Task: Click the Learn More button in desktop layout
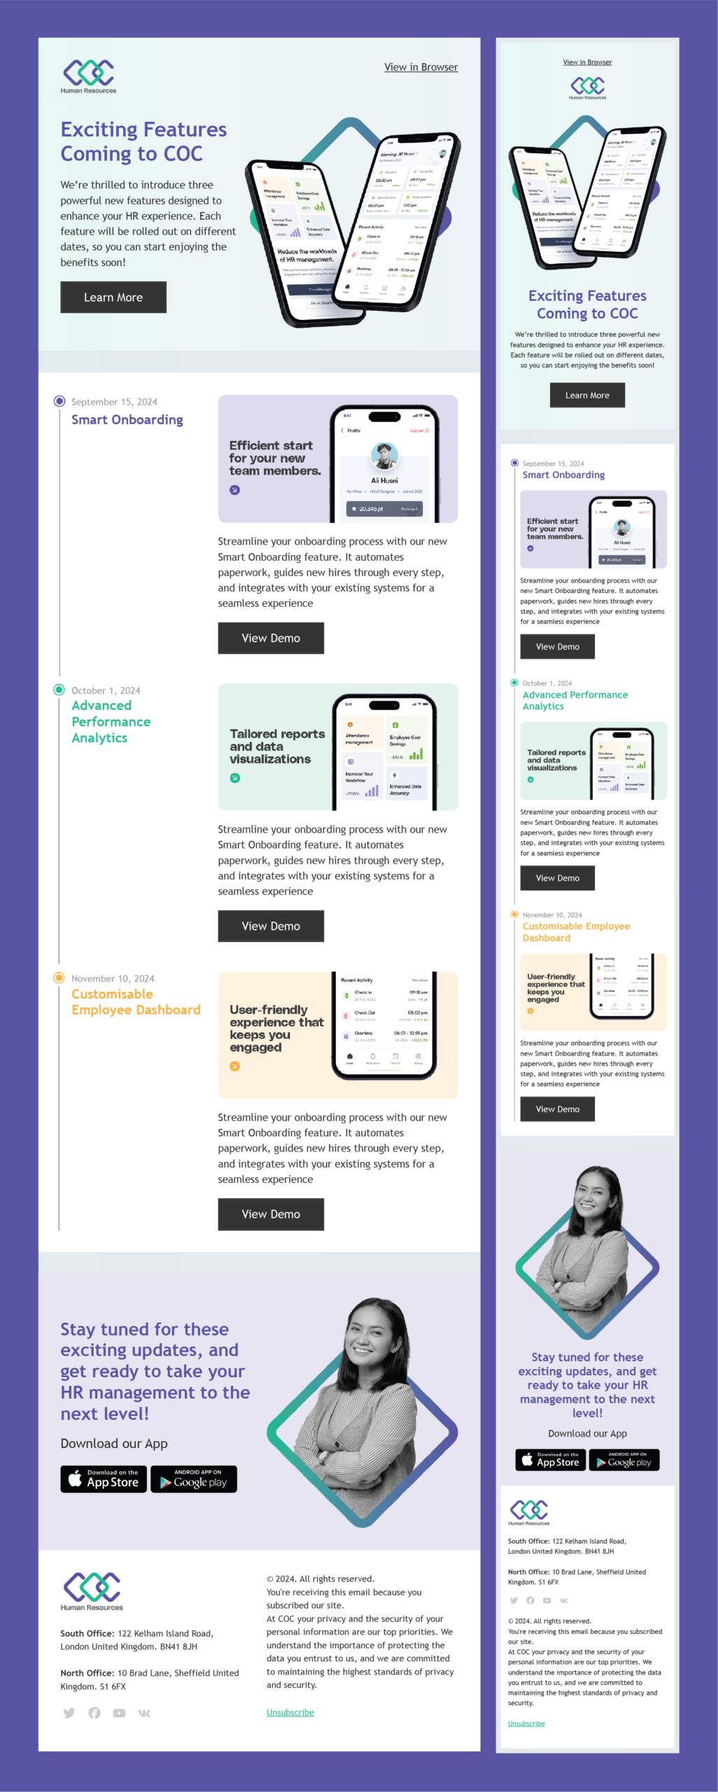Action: [x=113, y=297]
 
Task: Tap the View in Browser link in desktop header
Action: [x=421, y=67]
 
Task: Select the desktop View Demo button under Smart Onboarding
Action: [x=271, y=638]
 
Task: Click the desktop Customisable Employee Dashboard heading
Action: [x=136, y=1002]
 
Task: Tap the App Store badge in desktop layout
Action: [x=104, y=1478]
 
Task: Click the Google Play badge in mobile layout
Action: [x=624, y=1459]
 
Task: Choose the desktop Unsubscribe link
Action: [x=290, y=1712]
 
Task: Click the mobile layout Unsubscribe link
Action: [x=526, y=1723]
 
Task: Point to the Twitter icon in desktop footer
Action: [x=69, y=1713]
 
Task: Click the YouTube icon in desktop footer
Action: [x=119, y=1713]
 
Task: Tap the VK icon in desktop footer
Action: [x=144, y=1713]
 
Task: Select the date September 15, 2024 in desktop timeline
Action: [x=114, y=402]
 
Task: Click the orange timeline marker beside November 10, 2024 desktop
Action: [x=59, y=978]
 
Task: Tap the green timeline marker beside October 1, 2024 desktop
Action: [x=59, y=689]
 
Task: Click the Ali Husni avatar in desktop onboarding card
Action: [x=384, y=456]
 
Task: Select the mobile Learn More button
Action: [x=587, y=395]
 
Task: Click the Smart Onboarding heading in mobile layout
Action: [x=563, y=475]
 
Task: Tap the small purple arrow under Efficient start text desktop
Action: [x=234, y=490]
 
